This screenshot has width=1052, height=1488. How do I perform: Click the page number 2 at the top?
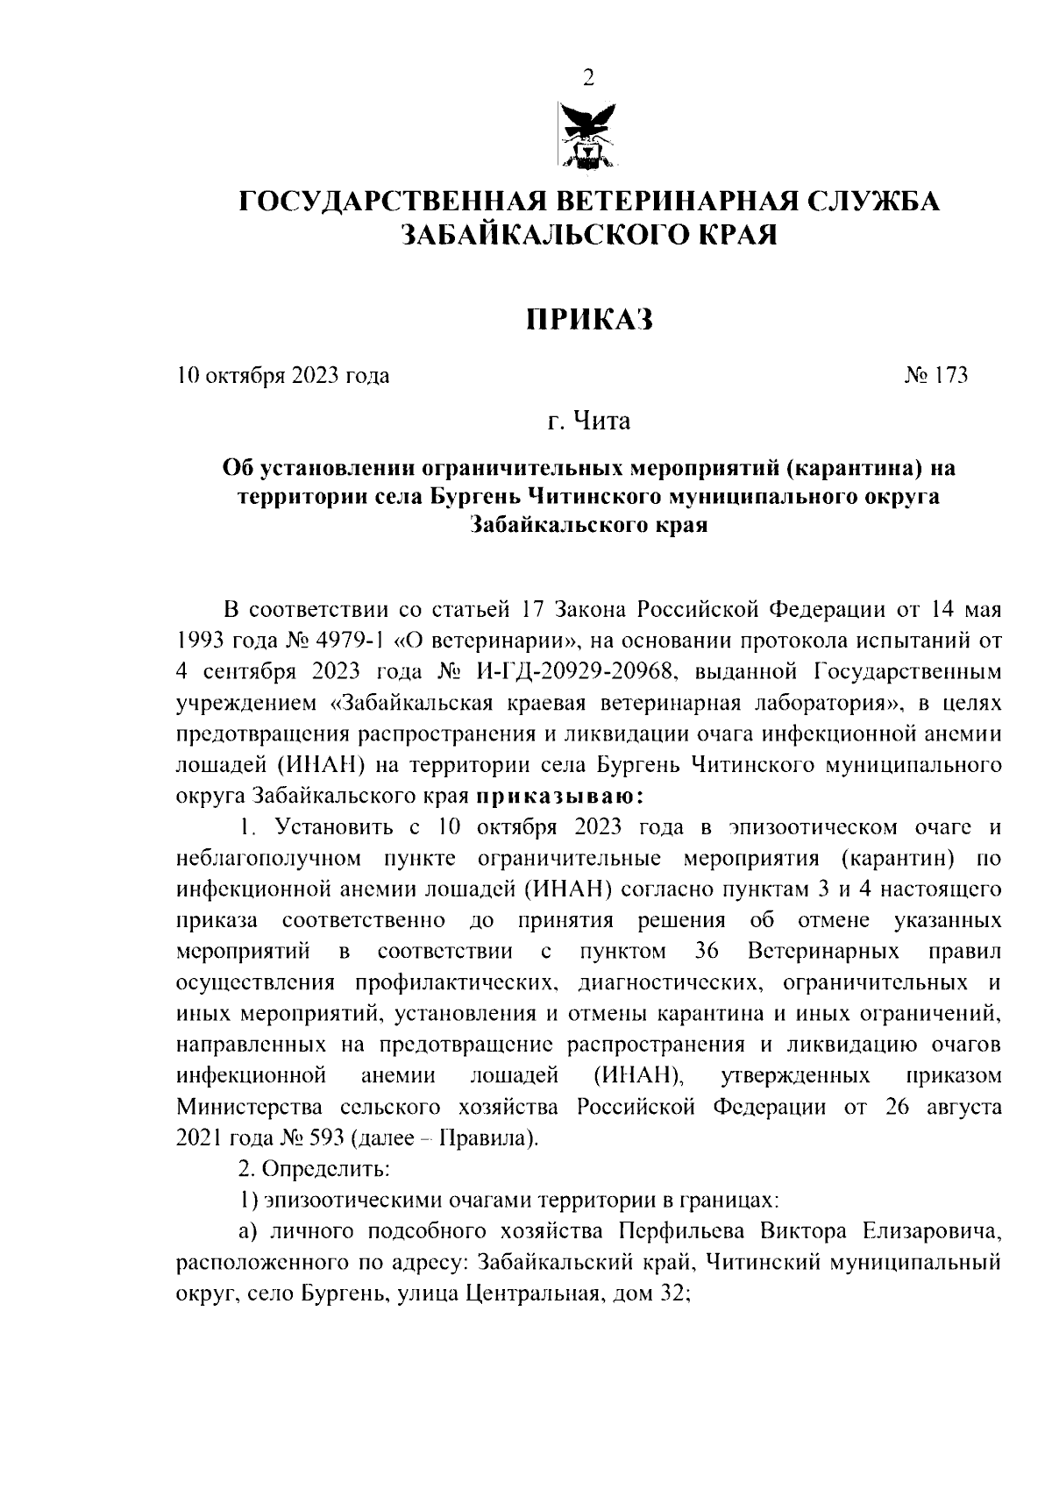[x=588, y=79]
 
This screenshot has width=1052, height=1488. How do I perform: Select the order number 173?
[x=951, y=376]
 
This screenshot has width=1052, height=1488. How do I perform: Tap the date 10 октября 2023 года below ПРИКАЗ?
[x=283, y=376]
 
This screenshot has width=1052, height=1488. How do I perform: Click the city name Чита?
[x=601, y=422]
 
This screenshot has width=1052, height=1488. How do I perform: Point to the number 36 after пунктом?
[x=707, y=951]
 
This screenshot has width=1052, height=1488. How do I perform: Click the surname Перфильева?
[x=683, y=1231]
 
